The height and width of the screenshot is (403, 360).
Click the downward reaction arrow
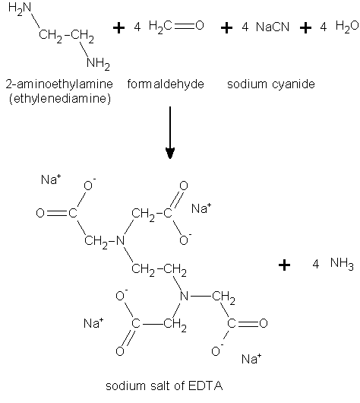(x=170, y=132)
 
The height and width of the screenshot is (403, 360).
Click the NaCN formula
(x=273, y=27)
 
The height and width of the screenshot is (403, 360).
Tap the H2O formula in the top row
(x=347, y=27)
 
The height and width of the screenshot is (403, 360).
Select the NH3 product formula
(x=342, y=264)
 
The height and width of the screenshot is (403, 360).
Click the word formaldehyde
(x=166, y=84)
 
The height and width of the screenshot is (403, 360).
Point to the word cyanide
(x=292, y=85)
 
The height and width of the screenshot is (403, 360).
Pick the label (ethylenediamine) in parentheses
(x=60, y=99)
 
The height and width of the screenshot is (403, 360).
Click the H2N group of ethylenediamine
(x=20, y=8)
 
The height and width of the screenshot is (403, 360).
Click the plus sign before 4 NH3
(x=284, y=265)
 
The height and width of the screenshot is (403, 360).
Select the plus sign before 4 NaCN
(x=226, y=27)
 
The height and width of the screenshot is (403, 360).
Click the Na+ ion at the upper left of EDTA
(x=51, y=179)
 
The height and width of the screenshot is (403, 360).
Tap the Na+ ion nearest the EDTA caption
(x=251, y=359)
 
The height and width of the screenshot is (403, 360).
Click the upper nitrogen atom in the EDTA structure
(x=121, y=240)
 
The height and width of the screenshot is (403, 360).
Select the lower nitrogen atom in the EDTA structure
(x=184, y=296)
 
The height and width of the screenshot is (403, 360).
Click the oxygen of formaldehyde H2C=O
(x=200, y=25)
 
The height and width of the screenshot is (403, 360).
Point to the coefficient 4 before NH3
(x=316, y=264)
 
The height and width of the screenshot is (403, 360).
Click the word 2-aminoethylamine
(x=59, y=84)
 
